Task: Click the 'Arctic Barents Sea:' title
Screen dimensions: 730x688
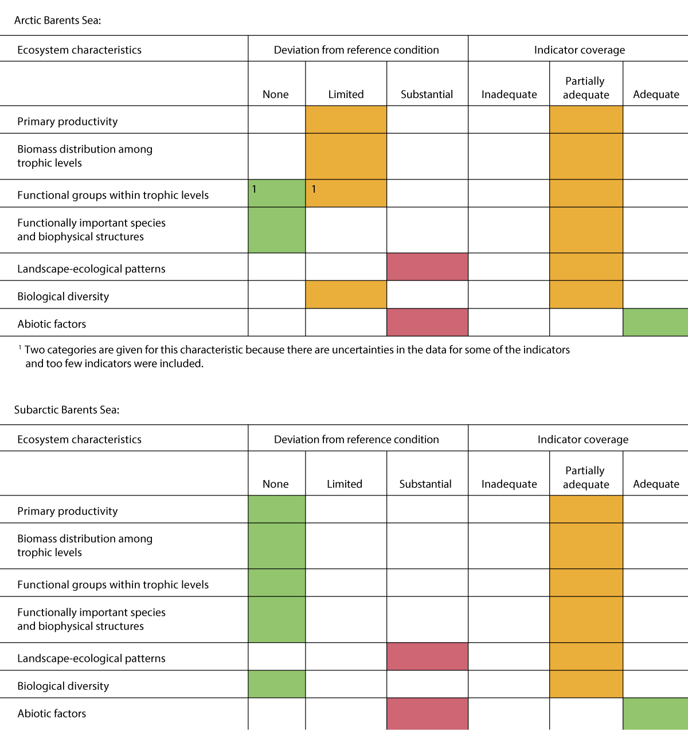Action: click(x=57, y=20)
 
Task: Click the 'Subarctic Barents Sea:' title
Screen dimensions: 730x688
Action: click(x=67, y=409)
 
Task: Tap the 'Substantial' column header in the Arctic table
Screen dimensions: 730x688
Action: click(x=427, y=95)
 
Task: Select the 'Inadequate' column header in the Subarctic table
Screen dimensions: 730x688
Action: click(x=509, y=484)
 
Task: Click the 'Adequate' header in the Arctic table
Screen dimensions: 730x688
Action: click(x=656, y=95)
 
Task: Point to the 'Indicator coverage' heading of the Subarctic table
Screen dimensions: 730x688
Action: click(x=583, y=439)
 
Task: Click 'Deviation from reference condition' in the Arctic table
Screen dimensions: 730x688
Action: click(x=356, y=50)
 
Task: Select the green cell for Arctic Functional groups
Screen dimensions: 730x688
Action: click(x=277, y=193)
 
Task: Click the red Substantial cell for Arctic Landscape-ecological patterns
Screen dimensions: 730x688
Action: click(x=427, y=267)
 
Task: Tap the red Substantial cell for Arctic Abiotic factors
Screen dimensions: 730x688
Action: click(x=427, y=322)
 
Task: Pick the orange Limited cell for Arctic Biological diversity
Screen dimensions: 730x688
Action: click(x=346, y=294)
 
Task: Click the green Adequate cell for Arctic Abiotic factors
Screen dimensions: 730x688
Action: click(x=655, y=322)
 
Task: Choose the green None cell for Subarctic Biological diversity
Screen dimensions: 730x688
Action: click(x=277, y=684)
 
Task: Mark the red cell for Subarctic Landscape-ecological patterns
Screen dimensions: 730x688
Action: click(x=427, y=657)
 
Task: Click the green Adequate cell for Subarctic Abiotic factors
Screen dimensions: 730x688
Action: click(x=655, y=713)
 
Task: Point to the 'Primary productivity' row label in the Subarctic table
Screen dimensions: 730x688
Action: click(x=68, y=511)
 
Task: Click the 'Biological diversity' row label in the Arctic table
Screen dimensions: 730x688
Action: click(x=63, y=296)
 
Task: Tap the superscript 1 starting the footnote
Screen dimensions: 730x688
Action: click(x=20, y=348)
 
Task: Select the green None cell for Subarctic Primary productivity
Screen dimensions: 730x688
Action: click(x=277, y=509)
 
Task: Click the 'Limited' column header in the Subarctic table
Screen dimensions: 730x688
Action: click(x=345, y=484)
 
